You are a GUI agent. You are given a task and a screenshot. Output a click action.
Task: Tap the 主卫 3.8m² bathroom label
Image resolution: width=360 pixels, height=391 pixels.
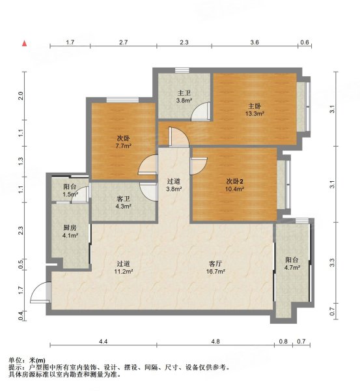[184, 97]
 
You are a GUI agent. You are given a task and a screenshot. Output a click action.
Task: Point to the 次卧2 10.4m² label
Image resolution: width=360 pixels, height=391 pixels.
[234, 183]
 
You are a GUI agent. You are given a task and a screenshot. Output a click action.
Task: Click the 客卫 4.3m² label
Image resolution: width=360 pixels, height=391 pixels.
[123, 202]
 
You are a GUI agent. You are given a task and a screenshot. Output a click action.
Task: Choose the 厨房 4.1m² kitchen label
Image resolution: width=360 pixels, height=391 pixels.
[70, 232]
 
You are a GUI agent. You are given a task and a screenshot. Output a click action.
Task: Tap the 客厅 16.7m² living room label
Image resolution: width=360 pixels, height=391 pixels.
[216, 267]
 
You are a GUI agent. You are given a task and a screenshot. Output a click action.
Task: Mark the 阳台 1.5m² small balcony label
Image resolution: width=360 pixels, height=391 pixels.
[69, 190]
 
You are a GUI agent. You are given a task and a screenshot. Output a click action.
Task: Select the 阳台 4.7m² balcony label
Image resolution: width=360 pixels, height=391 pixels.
[292, 263]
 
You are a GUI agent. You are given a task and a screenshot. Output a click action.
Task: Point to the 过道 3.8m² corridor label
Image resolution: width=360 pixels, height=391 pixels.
[173, 185]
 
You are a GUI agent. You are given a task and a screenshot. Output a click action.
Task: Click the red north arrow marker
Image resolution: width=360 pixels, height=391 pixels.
[24, 44]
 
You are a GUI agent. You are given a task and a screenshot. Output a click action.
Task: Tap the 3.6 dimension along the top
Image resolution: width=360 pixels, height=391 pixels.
[255, 42]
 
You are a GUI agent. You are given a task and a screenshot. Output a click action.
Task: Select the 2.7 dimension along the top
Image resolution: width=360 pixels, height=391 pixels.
[123, 42]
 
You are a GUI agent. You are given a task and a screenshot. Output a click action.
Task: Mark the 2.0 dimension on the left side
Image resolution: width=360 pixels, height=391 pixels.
[21, 96]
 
